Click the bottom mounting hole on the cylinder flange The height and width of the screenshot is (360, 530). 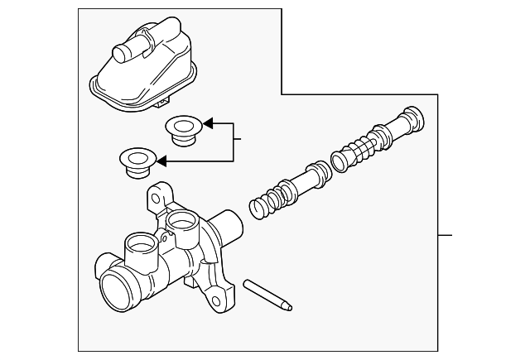tap(219, 294)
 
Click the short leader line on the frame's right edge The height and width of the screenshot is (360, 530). tap(446, 236)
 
